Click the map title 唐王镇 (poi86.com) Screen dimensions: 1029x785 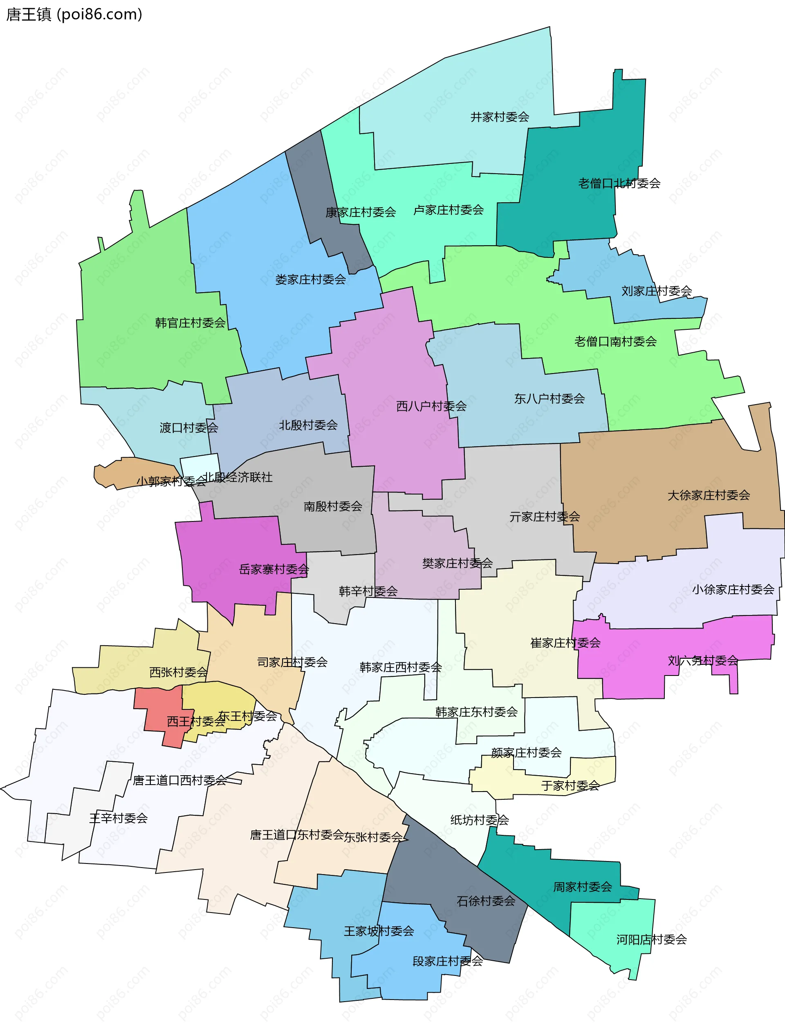(74, 14)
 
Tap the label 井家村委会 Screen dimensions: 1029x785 (500, 117)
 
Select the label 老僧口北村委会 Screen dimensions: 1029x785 (619, 183)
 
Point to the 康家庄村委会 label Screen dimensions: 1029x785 (361, 213)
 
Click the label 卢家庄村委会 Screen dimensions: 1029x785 (448, 210)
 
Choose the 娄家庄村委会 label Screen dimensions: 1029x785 (310, 280)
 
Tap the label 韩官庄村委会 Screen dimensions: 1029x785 (190, 323)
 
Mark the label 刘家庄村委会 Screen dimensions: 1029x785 (657, 291)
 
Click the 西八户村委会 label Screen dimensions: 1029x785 (431, 406)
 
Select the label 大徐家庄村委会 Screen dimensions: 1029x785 (709, 495)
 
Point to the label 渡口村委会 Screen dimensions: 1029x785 (189, 427)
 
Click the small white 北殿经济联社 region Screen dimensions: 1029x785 (199, 465)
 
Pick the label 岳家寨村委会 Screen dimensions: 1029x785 (274, 569)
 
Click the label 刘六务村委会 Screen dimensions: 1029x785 (703, 660)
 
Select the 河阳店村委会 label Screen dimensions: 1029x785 (651, 940)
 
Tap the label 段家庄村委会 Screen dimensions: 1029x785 (447, 961)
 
